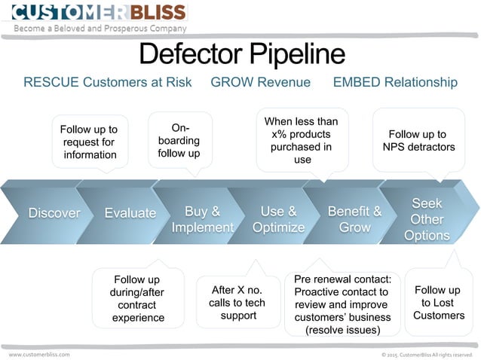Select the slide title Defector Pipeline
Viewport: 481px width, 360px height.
242,54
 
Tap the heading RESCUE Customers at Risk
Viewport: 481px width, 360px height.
108,82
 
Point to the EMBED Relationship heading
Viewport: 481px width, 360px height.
395,82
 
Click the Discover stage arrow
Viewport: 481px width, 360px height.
54,213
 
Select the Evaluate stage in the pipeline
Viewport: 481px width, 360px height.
130,213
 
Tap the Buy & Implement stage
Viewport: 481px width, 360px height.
202,219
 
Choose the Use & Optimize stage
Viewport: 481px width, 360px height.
278,219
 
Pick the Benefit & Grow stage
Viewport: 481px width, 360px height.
354,219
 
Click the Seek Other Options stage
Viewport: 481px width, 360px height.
427,219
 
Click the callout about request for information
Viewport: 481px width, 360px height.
90,142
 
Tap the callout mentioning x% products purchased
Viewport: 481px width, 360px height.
302,140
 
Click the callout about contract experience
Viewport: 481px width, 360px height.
138,298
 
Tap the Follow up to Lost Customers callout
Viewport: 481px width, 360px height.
439,302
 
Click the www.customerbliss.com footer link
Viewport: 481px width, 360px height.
39,354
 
